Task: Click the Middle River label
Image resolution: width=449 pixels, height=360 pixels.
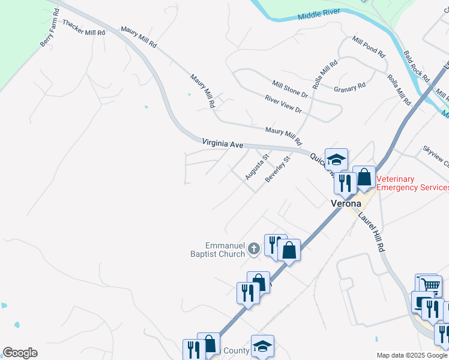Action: (319, 14)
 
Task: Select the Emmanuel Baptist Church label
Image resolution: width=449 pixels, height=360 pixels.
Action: (225, 250)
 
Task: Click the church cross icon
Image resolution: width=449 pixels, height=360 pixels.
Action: (254, 248)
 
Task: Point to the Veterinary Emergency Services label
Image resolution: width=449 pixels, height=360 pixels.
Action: (412, 184)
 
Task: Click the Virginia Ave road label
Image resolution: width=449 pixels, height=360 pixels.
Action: (223, 144)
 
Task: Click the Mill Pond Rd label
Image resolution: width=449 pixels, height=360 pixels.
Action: (369, 47)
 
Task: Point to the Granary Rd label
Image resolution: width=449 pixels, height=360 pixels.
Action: (349, 87)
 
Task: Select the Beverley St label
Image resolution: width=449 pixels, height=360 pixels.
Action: (278, 170)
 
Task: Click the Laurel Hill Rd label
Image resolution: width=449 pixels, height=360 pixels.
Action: (372, 232)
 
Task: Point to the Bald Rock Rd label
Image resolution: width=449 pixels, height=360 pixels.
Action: (417, 66)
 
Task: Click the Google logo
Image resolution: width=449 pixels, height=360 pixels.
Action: (20, 353)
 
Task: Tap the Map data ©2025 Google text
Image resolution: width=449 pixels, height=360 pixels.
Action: (411, 355)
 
